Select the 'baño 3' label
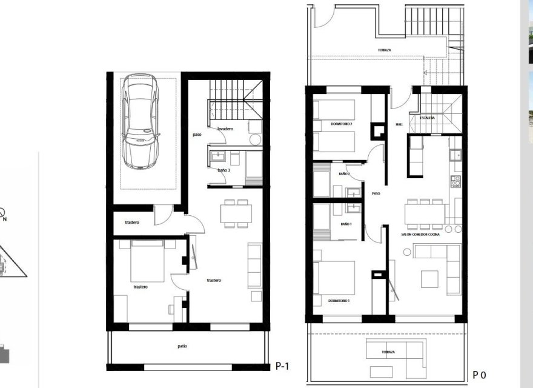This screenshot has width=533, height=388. [223, 170]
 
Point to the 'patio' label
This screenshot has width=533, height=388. [182, 346]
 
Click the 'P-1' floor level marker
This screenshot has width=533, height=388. [282, 366]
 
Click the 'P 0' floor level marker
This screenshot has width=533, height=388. [480, 375]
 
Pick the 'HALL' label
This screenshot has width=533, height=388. [399, 124]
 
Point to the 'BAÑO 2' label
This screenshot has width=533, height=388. [344, 174]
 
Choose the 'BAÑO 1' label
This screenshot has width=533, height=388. [346, 224]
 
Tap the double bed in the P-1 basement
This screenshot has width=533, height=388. [147, 261]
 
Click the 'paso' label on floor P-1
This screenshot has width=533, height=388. [197, 135]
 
